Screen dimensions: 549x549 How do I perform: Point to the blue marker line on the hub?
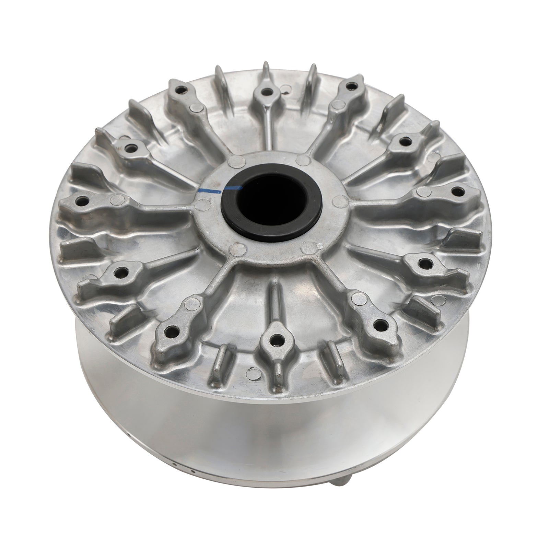210,189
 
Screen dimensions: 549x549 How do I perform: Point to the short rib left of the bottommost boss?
222,360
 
